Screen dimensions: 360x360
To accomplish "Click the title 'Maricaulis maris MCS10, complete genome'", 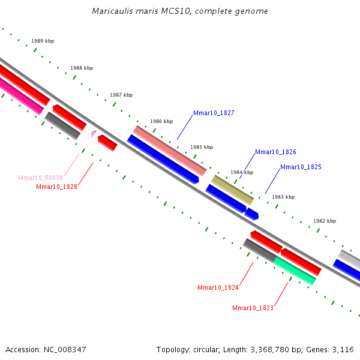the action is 180,11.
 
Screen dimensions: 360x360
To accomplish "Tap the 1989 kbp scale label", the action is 43,41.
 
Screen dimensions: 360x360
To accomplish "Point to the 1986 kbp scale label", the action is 161,121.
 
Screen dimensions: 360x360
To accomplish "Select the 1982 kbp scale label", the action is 325,221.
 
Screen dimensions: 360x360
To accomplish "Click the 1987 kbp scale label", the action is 121,95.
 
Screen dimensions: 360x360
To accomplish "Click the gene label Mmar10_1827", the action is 214,113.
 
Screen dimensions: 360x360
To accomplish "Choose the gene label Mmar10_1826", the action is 275,152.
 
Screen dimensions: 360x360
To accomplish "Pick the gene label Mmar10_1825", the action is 301,167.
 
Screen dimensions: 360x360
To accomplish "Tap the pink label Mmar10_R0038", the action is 40,178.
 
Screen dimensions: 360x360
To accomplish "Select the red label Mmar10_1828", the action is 57,187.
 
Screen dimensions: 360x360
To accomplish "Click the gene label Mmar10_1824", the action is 218,287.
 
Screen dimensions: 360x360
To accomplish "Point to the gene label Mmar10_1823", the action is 253,308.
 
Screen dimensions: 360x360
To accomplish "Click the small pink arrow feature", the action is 94,133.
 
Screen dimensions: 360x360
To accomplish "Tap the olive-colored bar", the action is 233,190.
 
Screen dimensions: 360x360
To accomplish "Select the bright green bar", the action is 295,271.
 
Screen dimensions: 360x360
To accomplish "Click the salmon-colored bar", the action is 170,151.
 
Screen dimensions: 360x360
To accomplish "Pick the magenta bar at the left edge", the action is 20,96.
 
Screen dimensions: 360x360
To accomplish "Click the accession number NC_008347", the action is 65,350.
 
